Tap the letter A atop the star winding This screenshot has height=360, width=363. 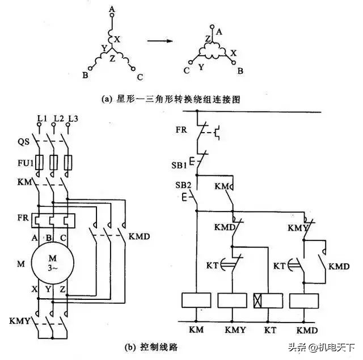111,9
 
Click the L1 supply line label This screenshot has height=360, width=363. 41,118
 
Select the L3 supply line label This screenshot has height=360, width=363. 72,118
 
